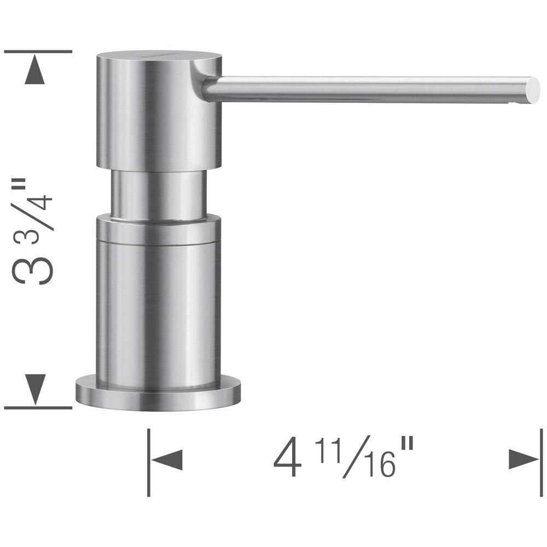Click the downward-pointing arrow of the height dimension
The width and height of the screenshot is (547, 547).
point(36,389)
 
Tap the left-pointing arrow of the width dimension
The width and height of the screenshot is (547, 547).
point(167,460)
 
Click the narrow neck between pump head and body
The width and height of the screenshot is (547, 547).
point(159,194)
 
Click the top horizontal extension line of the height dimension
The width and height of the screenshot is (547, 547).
point(38,51)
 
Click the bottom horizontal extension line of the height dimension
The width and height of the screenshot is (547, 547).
point(38,408)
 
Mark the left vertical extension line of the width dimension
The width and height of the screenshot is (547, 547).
point(149,462)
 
